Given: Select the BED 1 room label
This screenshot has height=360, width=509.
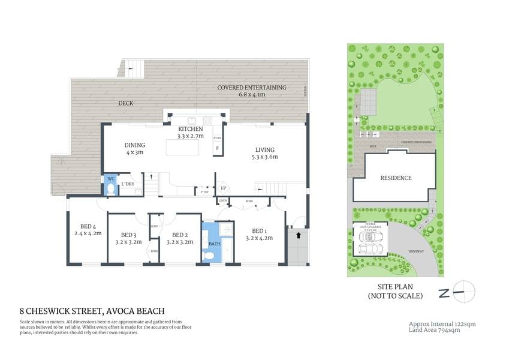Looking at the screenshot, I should pyautogui.click(x=259, y=231).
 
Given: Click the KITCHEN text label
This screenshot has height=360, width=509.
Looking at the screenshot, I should pyautogui.click(x=191, y=129).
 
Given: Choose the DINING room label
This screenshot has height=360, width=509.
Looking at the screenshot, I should pyautogui.click(x=135, y=145).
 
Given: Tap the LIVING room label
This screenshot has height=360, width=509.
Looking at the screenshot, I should pyautogui.click(x=264, y=149).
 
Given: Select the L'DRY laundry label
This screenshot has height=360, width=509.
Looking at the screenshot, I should pyautogui.click(x=127, y=183).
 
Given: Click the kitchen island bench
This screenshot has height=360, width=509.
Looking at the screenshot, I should pyautogui.click(x=183, y=146).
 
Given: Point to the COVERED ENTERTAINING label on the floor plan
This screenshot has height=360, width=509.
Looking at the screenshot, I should pyautogui.click(x=252, y=88).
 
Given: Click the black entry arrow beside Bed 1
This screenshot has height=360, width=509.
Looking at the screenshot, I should pyautogui.click(x=298, y=236).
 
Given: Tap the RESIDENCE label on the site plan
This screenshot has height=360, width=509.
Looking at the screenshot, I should pyautogui.click(x=396, y=178).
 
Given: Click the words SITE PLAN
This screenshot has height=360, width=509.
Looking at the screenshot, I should pyautogui.click(x=395, y=287).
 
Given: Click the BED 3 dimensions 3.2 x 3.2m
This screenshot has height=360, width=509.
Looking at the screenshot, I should pyautogui.click(x=128, y=242).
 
